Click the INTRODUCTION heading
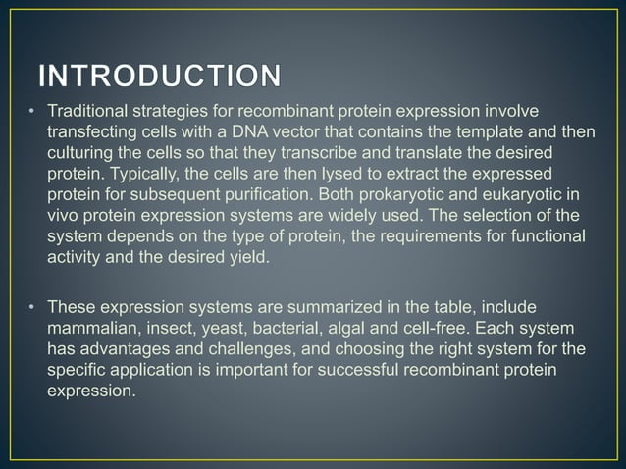click(157, 76)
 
